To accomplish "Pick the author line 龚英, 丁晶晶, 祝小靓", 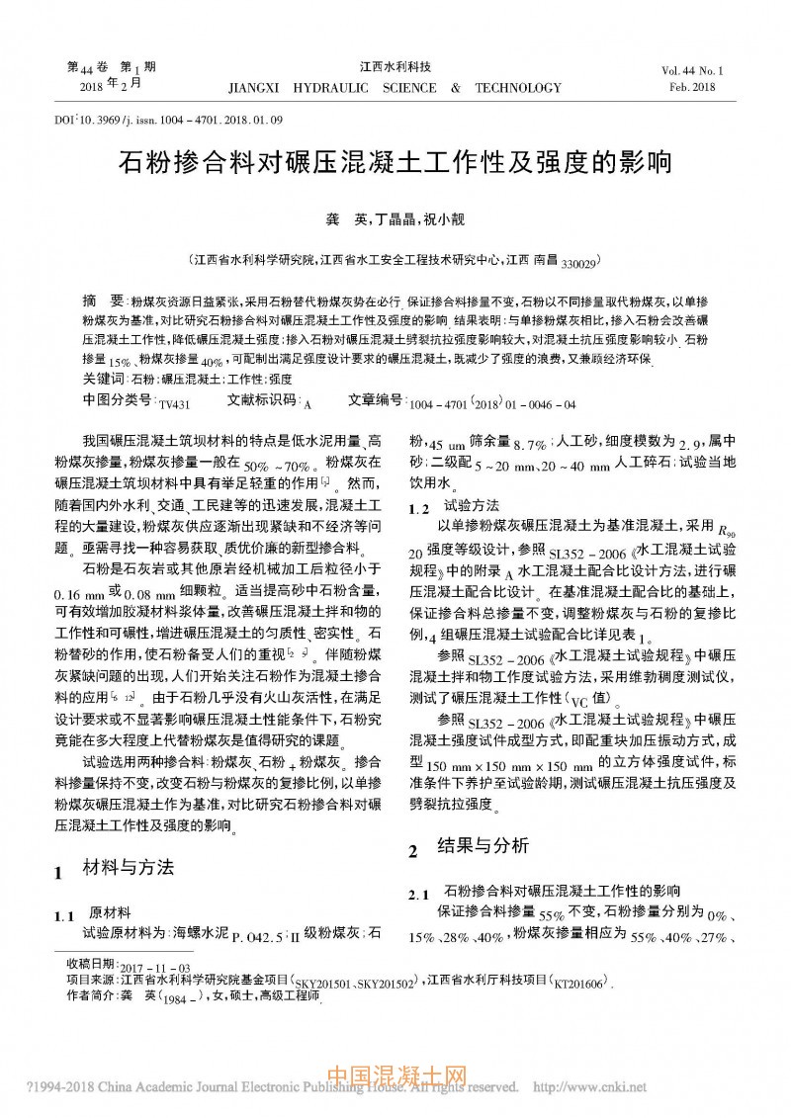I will (395, 218).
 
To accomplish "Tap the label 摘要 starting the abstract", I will (102, 301).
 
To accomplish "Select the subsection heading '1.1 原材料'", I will (95, 913).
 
